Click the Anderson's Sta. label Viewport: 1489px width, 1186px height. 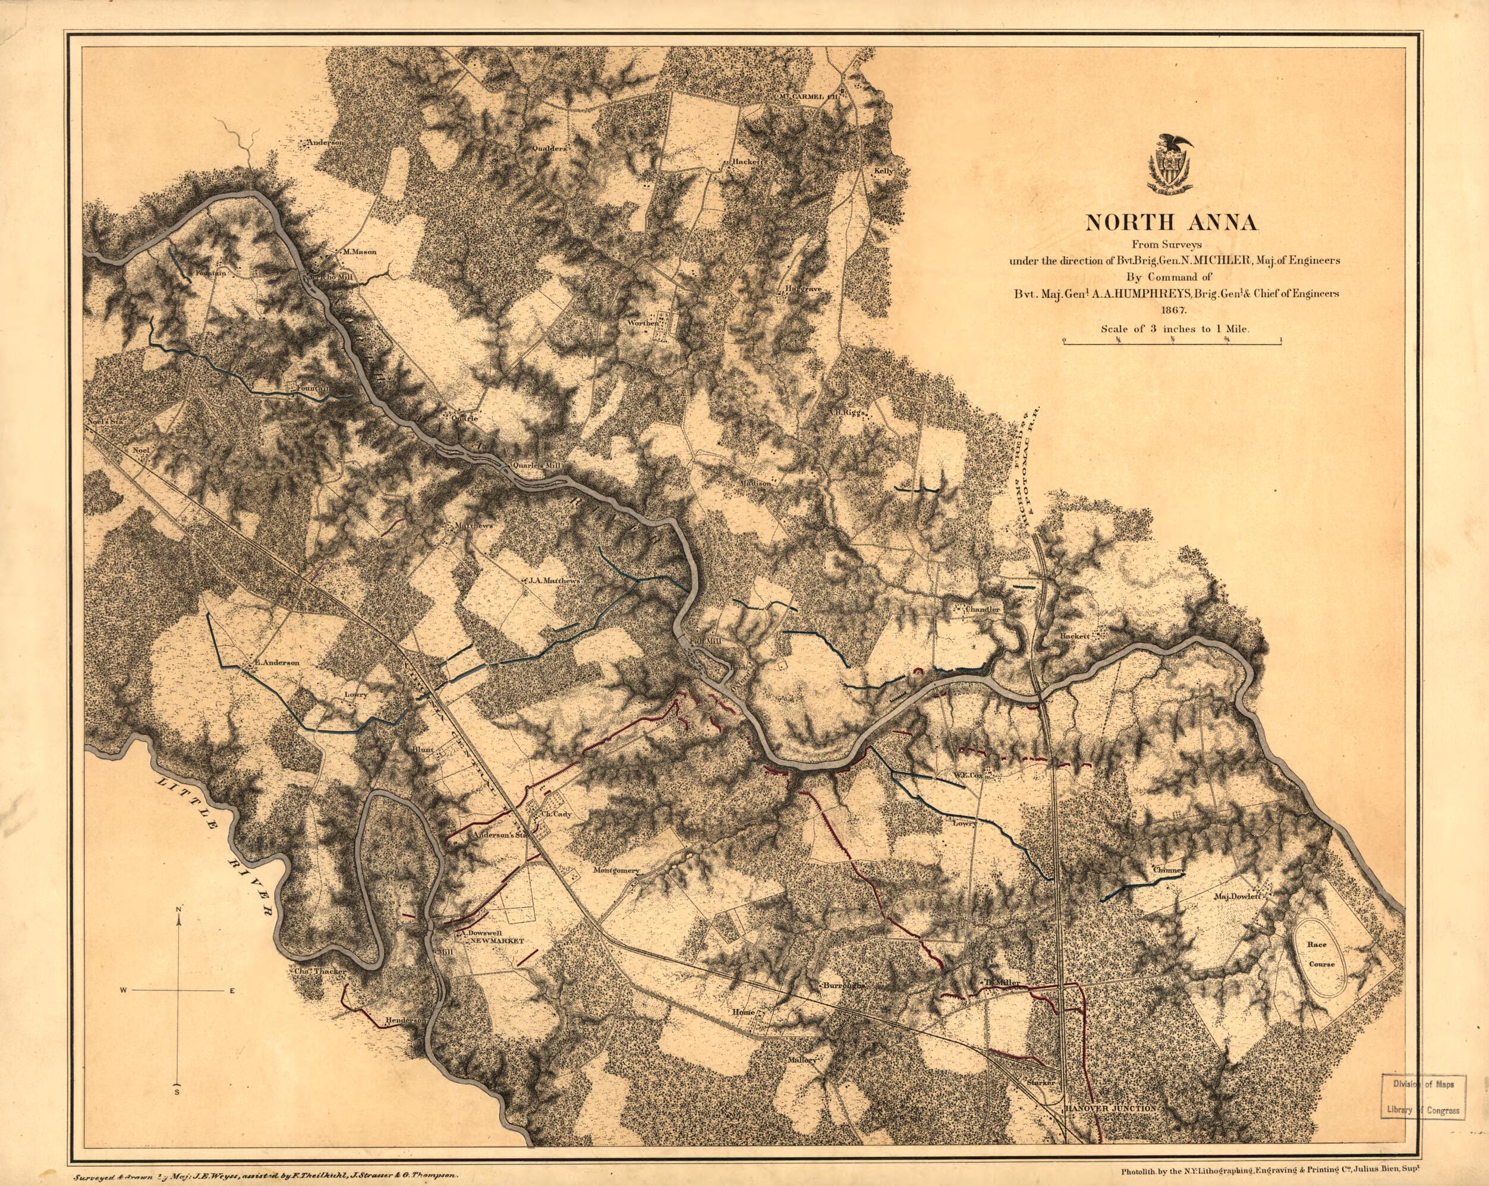[499, 836]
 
